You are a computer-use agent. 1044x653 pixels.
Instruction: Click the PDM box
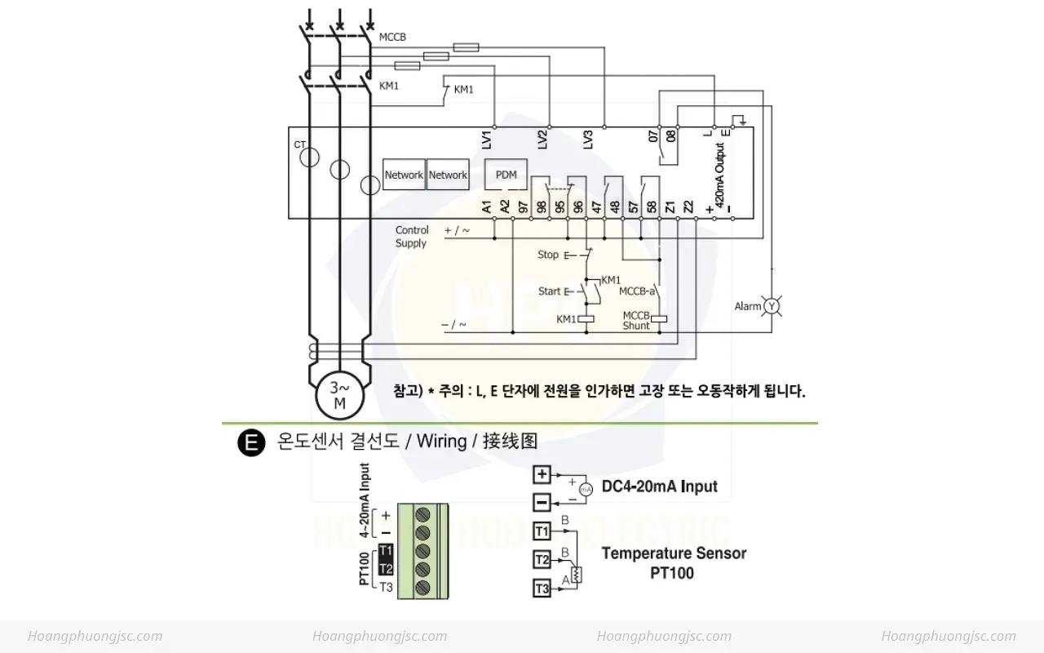pos(506,175)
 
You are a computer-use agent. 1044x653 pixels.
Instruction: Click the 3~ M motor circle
pos(339,396)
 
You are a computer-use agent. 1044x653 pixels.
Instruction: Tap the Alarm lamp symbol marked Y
pos(772,306)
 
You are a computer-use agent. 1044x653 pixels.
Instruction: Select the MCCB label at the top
pos(392,37)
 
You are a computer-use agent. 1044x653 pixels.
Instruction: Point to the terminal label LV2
pos(542,140)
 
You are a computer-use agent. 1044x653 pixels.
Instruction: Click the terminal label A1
pos(487,207)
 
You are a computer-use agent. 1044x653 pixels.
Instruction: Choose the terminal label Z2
pos(688,207)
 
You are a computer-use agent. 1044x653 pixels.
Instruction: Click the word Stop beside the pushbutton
pos(547,255)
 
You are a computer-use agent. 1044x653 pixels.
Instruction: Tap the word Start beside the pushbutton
pos(549,291)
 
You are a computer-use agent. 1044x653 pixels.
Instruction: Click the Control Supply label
pos(412,237)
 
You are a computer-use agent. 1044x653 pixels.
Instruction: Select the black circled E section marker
pos(251,442)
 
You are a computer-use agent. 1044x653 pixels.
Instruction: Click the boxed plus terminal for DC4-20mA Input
pos(542,474)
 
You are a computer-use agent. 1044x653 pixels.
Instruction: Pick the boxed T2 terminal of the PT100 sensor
pos(542,560)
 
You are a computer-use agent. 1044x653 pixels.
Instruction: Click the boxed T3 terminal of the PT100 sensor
pos(542,589)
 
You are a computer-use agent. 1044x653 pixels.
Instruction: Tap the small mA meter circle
pos(586,490)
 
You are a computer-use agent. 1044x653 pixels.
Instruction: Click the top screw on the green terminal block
pos(422,514)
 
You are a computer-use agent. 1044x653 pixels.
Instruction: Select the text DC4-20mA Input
pos(660,486)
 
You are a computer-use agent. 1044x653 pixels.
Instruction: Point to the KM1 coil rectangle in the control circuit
pos(586,319)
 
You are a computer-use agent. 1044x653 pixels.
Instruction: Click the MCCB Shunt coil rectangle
pos(659,319)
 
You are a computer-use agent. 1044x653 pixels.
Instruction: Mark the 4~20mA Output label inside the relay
pos(720,175)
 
